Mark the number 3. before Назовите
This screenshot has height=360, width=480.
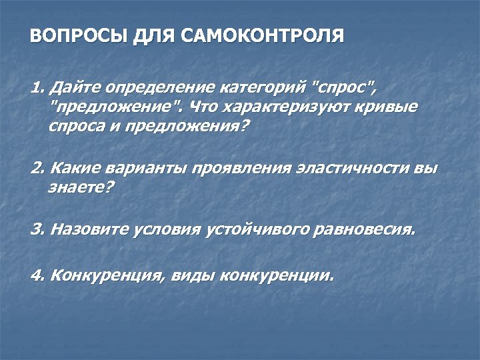coord(38,229)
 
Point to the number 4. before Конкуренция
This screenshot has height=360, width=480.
coord(38,275)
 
